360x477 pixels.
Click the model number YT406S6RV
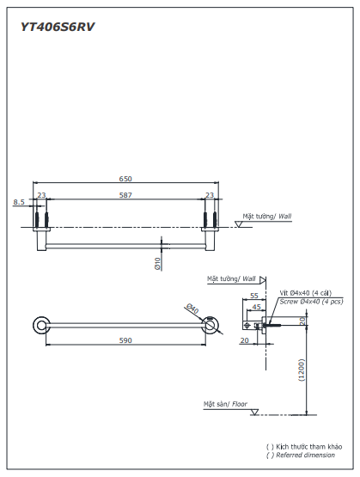click(x=58, y=27)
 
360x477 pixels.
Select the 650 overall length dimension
click(x=125, y=179)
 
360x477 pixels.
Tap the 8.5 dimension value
click(x=19, y=202)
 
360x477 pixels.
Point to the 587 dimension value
click(x=125, y=196)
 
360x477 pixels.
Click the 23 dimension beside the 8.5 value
click(x=41, y=196)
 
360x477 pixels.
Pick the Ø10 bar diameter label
click(x=158, y=264)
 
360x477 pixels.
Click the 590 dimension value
click(x=125, y=341)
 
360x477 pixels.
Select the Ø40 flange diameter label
click(x=192, y=309)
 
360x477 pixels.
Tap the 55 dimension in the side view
click(x=254, y=296)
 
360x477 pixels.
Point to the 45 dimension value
click(x=257, y=307)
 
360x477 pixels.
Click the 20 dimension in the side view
click(x=245, y=340)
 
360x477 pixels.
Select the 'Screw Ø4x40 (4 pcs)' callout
click(x=312, y=302)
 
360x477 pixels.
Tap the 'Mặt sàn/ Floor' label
click(x=225, y=403)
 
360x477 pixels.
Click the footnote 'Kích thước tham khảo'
click(x=308, y=447)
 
